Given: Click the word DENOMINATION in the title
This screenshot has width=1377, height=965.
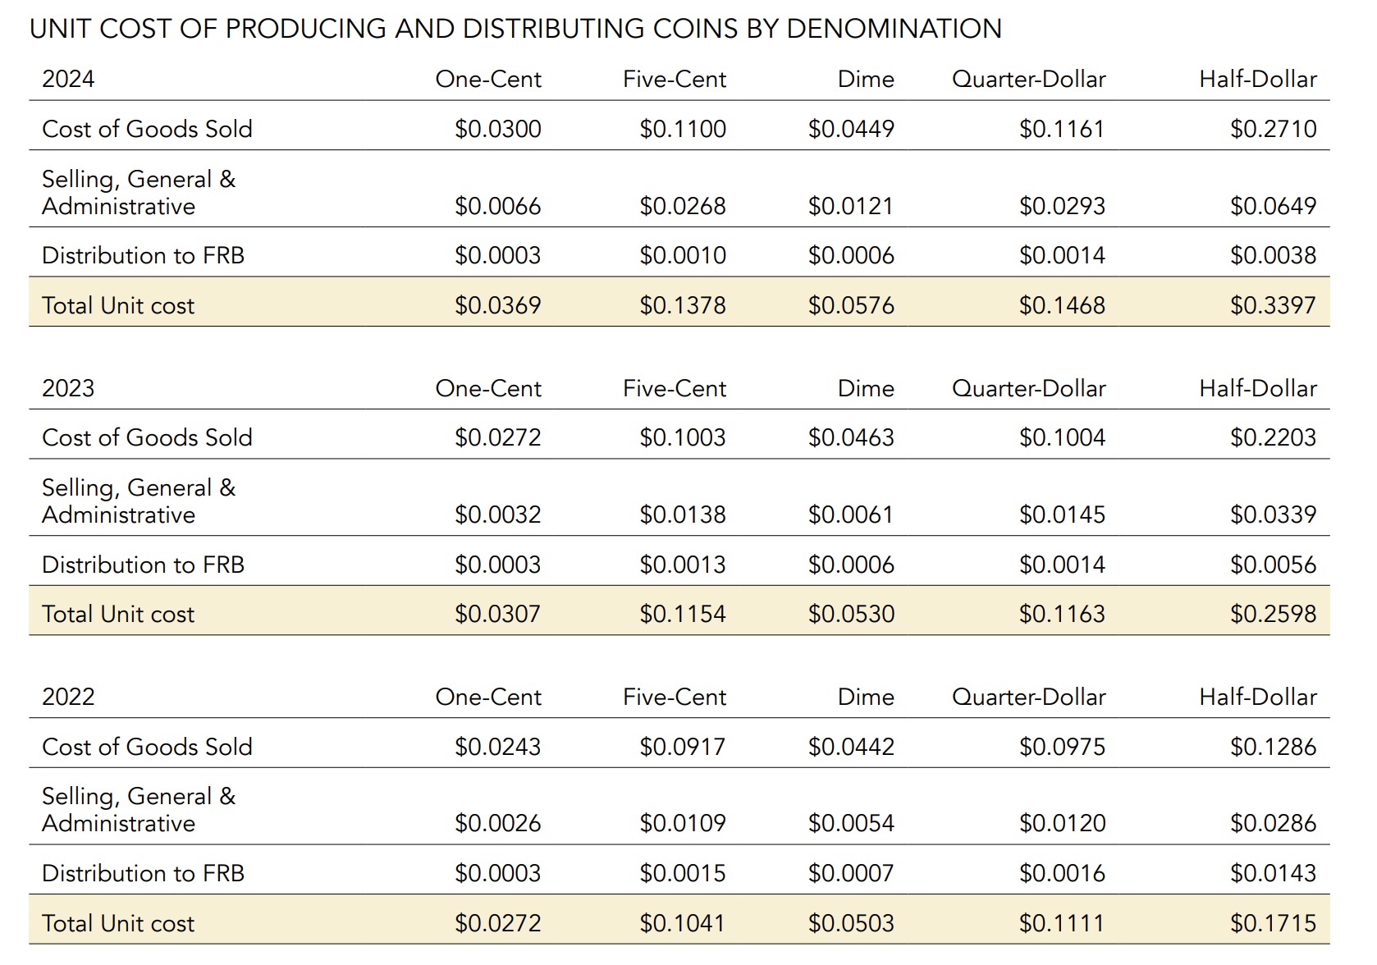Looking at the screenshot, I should [x=894, y=29].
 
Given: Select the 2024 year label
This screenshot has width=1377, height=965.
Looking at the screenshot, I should [x=68, y=79].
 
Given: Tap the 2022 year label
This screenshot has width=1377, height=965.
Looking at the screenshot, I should [x=68, y=697].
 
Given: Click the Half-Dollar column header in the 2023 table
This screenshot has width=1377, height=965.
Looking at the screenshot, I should [x=1257, y=388].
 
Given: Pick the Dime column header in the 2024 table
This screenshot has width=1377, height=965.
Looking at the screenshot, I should [x=866, y=79].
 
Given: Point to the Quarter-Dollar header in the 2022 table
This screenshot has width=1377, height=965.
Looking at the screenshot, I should [x=1028, y=697].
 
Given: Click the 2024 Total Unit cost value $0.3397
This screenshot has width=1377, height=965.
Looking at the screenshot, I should [x=1273, y=305].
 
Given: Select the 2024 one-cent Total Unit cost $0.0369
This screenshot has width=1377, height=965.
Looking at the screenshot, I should [x=497, y=305].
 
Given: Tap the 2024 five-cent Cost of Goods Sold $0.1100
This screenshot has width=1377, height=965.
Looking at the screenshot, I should [x=682, y=129].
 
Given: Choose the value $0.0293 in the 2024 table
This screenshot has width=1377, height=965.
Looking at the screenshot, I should [x=1062, y=206].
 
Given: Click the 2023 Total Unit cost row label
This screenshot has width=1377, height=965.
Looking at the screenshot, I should [x=118, y=614].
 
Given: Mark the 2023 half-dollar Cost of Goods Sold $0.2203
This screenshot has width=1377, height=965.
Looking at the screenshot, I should [x=1273, y=437].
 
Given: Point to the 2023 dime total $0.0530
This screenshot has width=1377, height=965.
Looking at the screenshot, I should [x=851, y=614].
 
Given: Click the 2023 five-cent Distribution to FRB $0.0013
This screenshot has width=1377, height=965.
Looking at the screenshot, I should [x=682, y=565].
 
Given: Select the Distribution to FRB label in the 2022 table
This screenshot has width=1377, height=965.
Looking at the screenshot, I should [x=143, y=873].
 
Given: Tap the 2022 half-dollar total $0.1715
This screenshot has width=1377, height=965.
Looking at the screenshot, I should [x=1273, y=923].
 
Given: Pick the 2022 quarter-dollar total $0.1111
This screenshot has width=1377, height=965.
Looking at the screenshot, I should [x=1062, y=923].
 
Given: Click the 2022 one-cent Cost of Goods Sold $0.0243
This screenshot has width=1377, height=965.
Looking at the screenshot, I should [x=497, y=747].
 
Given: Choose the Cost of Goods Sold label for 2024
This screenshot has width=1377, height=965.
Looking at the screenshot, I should [x=147, y=129].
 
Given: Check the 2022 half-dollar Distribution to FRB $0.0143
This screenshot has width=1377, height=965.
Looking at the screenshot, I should [x=1273, y=873].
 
